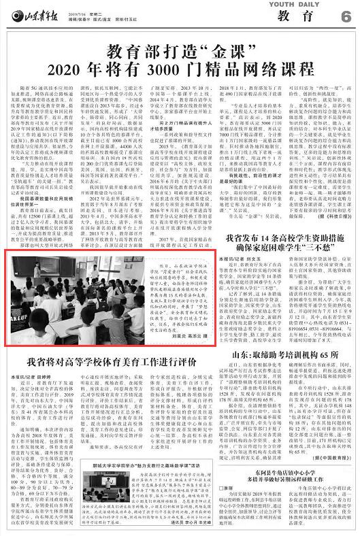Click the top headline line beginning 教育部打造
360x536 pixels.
(180, 49)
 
